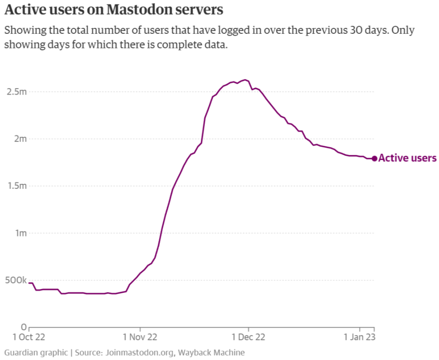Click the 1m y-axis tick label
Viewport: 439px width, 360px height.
(x=21, y=233)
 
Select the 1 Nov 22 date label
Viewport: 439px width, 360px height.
(x=140, y=338)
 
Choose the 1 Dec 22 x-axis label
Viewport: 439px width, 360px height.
(x=248, y=338)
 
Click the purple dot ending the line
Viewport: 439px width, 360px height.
(x=374, y=158)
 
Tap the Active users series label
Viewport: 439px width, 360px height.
(x=407, y=158)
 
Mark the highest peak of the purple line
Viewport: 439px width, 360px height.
(x=245, y=80)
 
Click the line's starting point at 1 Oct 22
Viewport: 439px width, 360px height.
(x=29, y=283)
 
